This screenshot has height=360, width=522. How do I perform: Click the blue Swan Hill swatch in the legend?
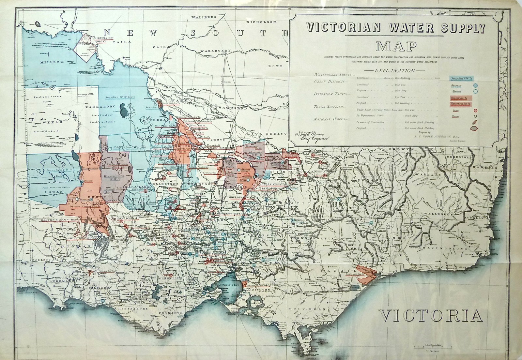tap(462, 79)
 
